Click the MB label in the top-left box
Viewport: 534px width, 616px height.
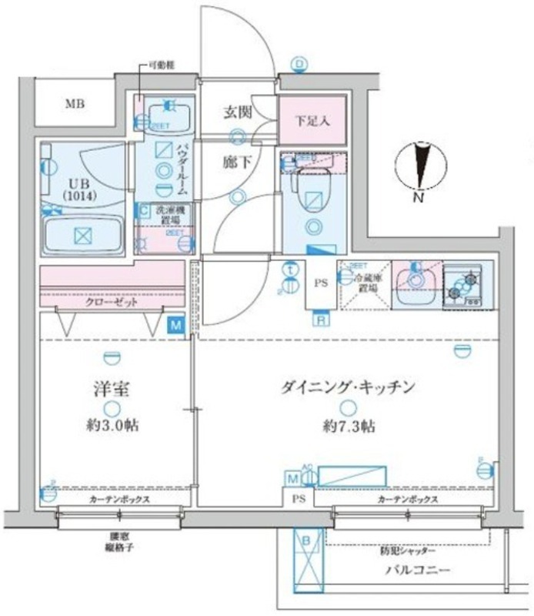pos(75,104)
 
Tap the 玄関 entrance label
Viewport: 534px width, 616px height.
pos(238,112)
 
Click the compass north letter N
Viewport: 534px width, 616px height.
pos(419,197)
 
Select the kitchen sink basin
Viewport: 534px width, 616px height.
pos(415,280)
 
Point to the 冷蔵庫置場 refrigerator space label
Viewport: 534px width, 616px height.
pos(367,284)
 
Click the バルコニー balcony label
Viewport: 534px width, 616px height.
pos(420,571)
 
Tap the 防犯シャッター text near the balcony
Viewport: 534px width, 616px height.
pos(407,551)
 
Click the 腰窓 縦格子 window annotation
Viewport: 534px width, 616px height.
pos(119,544)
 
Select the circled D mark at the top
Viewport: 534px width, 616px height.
pos(299,63)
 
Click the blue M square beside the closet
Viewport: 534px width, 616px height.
pos(177,326)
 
